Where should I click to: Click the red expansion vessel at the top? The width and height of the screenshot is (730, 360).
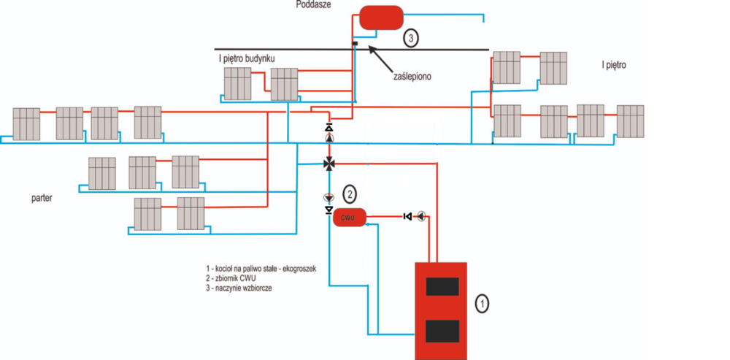coord(380,17)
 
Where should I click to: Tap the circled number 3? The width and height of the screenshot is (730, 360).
coord(412,38)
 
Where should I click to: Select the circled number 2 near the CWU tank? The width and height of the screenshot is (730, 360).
coord(350,194)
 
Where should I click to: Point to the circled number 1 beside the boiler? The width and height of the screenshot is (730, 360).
coord(481,302)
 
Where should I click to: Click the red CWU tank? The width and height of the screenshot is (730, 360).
coord(349,217)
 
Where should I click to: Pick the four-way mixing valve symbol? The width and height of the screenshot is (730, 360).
coord(329,163)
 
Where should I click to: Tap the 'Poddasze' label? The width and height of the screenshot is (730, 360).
coord(315,5)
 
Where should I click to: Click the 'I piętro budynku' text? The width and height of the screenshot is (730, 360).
coord(247,58)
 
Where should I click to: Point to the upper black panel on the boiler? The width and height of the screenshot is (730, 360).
coord(442,286)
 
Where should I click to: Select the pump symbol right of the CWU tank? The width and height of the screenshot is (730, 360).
coord(422,216)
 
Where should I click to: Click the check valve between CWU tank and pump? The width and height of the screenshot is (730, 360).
coord(407,216)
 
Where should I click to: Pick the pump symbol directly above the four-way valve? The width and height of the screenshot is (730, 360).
coord(329,139)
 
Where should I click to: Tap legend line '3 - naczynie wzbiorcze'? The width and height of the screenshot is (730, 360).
coord(245,288)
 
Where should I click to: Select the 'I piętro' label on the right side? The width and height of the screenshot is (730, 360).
coord(614,65)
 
